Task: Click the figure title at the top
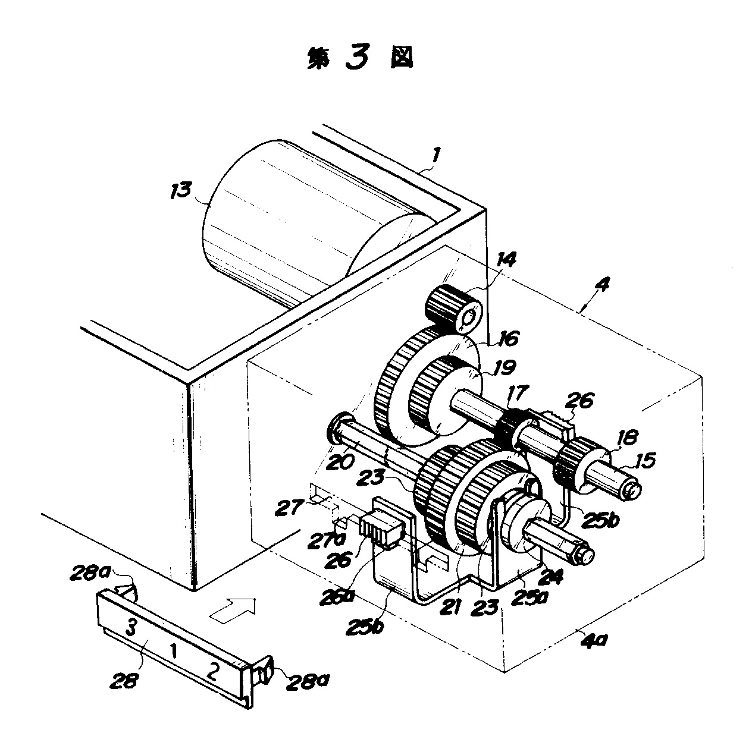360,58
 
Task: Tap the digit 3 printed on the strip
133,625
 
